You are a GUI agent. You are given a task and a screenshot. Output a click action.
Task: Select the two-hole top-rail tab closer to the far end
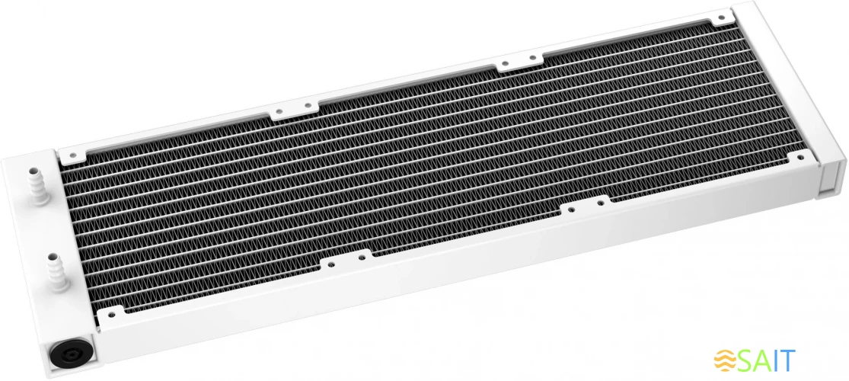[521, 63]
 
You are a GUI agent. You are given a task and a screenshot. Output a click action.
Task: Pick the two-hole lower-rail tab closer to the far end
[582, 206]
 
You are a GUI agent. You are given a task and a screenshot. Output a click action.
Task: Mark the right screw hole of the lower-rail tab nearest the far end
[598, 203]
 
